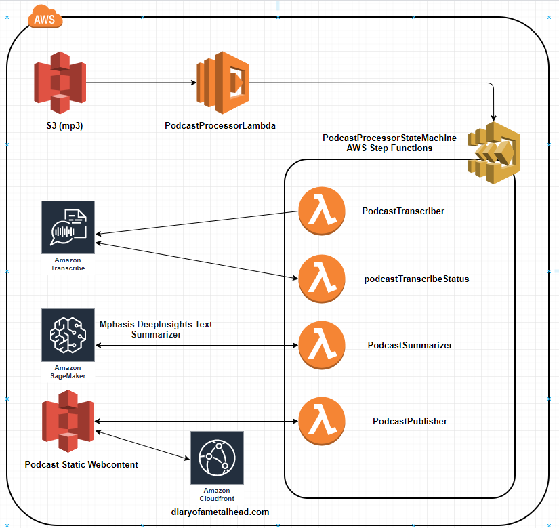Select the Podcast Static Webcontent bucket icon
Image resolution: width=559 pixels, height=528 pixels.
pyautogui.click(x=68, y=425)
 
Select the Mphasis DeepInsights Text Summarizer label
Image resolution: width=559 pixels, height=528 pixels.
pyautogui.click(x=156, y=329)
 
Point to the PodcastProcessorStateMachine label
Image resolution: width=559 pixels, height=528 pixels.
pyautogui.click(x=390, y=138)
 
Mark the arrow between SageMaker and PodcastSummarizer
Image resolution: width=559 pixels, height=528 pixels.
pyautogui.click(x=196, y=345)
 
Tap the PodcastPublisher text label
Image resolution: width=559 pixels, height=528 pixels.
pyautogui.click(x=410, y=421)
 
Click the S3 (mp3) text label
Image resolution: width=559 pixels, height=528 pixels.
pyautogui.click(x=61, y=126)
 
